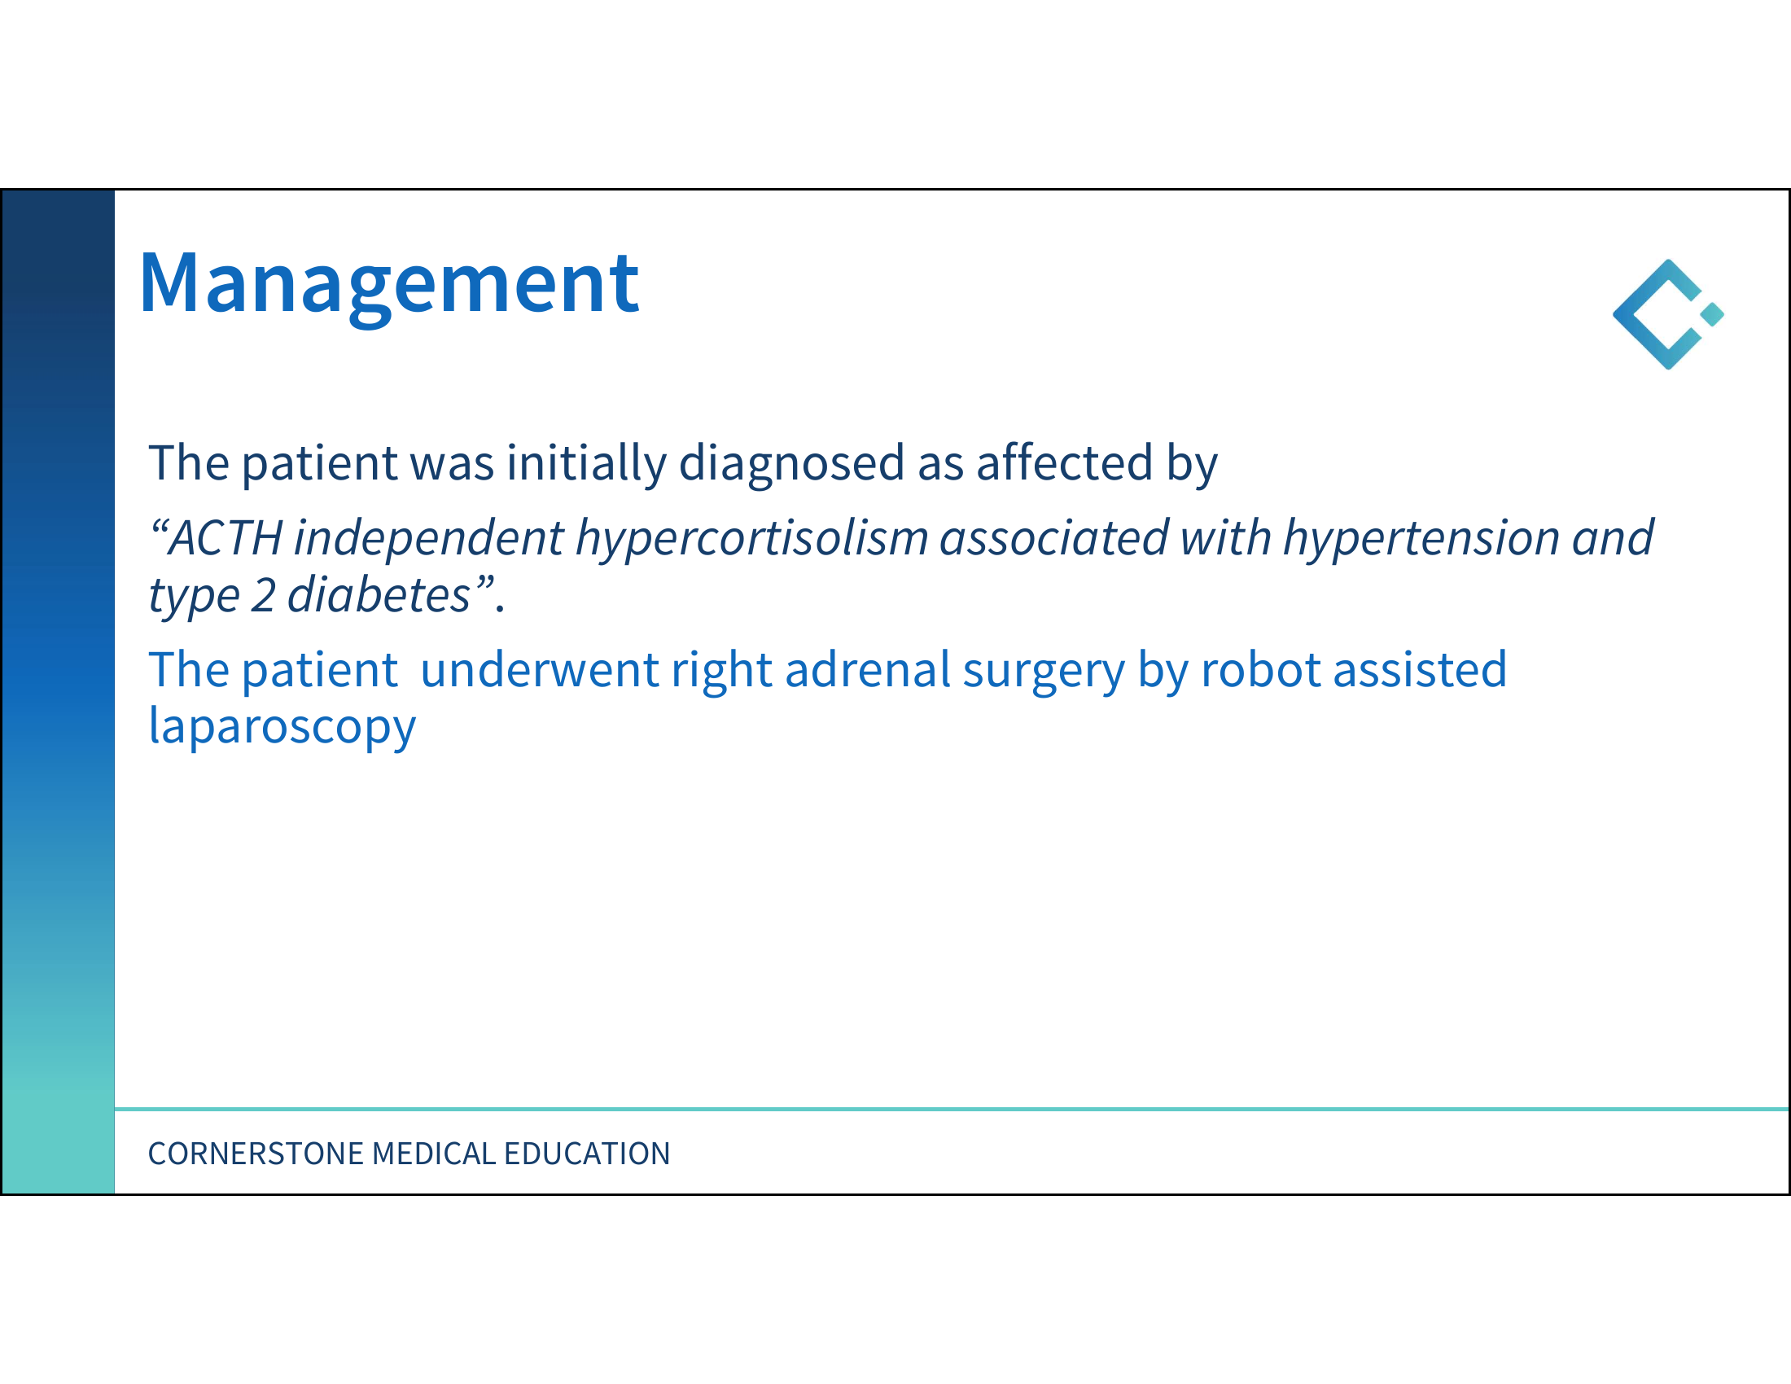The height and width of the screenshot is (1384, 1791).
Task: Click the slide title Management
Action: (388, 284)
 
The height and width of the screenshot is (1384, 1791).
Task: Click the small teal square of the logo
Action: (1712, 314)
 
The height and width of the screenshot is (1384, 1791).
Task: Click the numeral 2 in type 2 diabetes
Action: (262, 595)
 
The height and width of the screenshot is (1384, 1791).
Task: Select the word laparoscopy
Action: (282, 726)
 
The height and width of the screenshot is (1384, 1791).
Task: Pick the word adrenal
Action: (868, 669)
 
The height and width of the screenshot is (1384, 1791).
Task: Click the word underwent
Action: (540, 669)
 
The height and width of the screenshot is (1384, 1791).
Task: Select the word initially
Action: (586, 463)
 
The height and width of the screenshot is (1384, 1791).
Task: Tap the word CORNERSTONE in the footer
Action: (255, 1154)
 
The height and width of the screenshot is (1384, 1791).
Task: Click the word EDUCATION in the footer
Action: (587, 1154)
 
